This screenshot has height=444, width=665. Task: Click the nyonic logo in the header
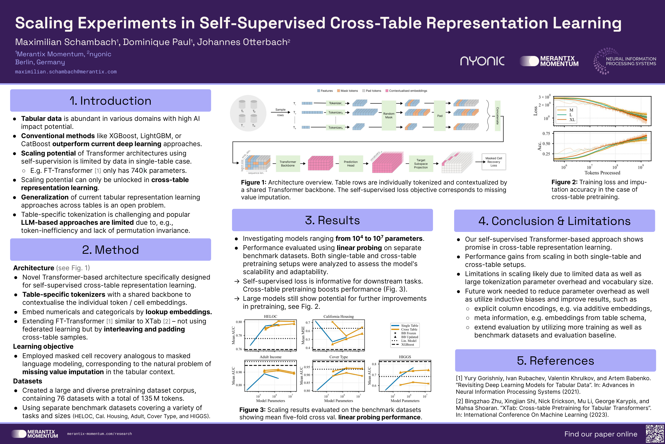(x=482, y=61)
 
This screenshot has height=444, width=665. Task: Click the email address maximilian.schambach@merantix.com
(x=66, y=72)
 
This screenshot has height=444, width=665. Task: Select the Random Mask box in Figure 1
(x=389, y=115)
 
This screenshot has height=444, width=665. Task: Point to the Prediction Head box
(x=351, y=164)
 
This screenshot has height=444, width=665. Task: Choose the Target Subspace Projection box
(x=421, y=164)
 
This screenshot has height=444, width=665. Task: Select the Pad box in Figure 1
(x=440, y=115)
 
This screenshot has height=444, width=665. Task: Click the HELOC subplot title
(x=270, y=316)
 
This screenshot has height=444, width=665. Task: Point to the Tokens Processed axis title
(x=602, y=173)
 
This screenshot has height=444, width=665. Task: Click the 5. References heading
(x=555, y=360)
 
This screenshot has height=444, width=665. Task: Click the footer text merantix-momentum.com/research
(x=100, y=434)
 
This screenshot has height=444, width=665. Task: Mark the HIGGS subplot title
(x=405, y=357)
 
